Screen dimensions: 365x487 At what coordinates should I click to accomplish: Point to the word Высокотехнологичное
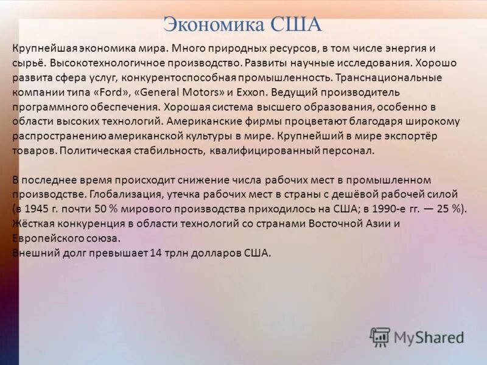tap(102, 63)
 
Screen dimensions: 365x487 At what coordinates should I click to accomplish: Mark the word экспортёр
tap(410, 136)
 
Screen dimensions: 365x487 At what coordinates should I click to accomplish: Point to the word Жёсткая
tap(31, 223)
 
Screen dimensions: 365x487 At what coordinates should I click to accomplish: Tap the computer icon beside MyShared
tap(380, 337)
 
